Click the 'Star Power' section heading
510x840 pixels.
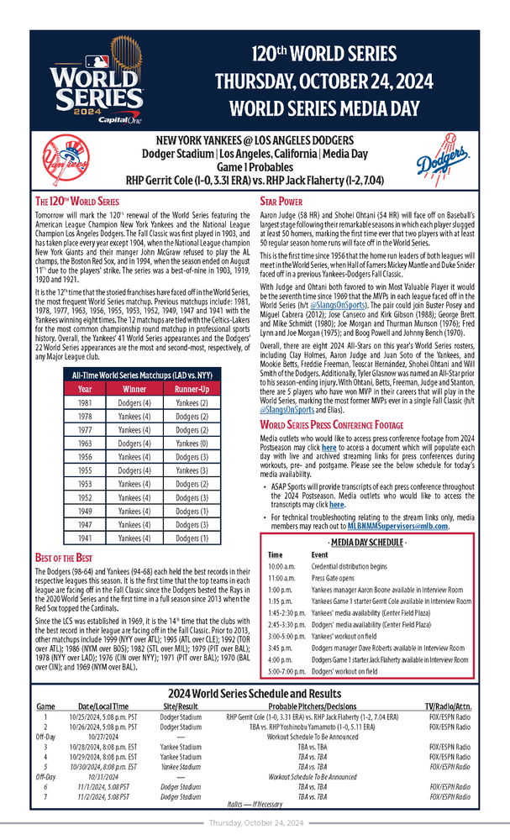pyautogui.click(x=281, y=202)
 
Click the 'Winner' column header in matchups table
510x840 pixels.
pyautogui.click(x=134, y=390)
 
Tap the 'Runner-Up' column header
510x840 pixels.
pyautogui.click(x=192, y=390)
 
